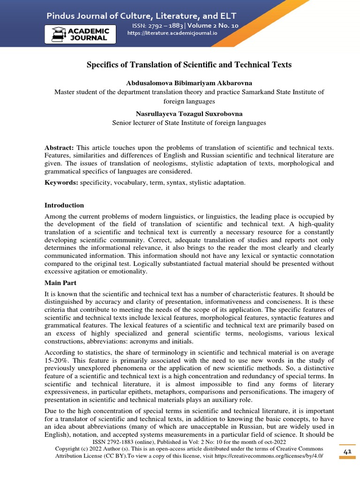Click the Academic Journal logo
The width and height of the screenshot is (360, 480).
[x=80, y=35]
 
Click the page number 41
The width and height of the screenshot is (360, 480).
[x=347, y=451]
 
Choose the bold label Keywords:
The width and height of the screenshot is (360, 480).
[x=61, y=182]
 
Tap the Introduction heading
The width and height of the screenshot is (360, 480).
[x=64, y=205]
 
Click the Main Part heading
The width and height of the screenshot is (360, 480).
[x=61, y=283]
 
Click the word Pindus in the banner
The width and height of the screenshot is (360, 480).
[x=61, y=16]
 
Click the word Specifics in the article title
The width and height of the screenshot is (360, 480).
[x=102, y=65]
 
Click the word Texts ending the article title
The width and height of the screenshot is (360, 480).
[x=281, y=65]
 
